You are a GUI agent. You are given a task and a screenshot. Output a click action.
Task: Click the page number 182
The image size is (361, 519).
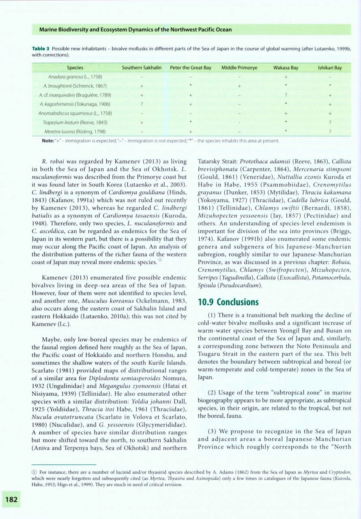point(11,500)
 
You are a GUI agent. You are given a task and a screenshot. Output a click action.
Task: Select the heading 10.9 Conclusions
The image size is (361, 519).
point(228,302)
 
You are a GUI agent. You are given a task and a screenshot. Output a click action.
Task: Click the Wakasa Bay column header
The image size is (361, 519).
point(286,68)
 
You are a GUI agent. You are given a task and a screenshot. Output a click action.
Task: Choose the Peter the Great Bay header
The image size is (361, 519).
point(191,68)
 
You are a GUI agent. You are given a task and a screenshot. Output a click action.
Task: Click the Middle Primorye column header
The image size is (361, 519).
point(239,68)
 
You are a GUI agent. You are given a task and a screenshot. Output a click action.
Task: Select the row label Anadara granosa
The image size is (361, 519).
point(75,77)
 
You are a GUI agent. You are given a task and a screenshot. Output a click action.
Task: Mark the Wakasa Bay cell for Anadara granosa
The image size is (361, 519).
point(286,77)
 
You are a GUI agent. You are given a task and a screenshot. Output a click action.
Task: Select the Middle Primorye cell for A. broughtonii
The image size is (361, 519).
point(239,86)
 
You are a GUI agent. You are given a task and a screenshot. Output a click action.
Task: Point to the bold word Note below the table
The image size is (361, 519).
point(49,140)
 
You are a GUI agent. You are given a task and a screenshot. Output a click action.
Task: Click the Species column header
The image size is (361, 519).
point(75,68)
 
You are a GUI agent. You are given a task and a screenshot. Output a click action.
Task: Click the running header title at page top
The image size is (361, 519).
point(135,30)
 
